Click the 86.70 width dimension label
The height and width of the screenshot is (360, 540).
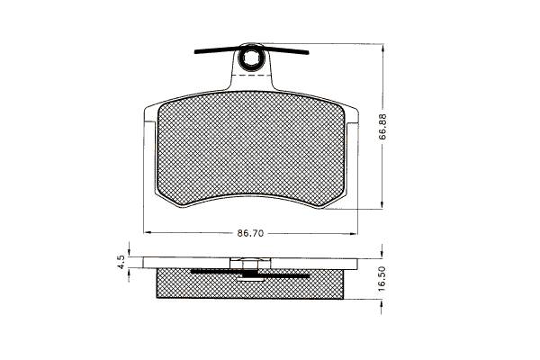click(250, 233)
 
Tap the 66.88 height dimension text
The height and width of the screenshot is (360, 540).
click(382, 126)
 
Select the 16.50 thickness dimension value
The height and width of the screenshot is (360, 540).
click(382, 279)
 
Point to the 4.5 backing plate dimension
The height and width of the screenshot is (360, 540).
click(121, 262)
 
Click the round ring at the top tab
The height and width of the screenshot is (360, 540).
click(249, 58)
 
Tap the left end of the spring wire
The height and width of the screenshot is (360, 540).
click(195, 52)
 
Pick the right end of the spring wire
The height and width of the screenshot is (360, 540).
click(308, 53)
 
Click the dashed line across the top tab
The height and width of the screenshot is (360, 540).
click(250, 75)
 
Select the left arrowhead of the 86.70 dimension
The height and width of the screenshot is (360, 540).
click(148, 233)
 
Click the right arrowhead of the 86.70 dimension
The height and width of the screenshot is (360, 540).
click(354, 234)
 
